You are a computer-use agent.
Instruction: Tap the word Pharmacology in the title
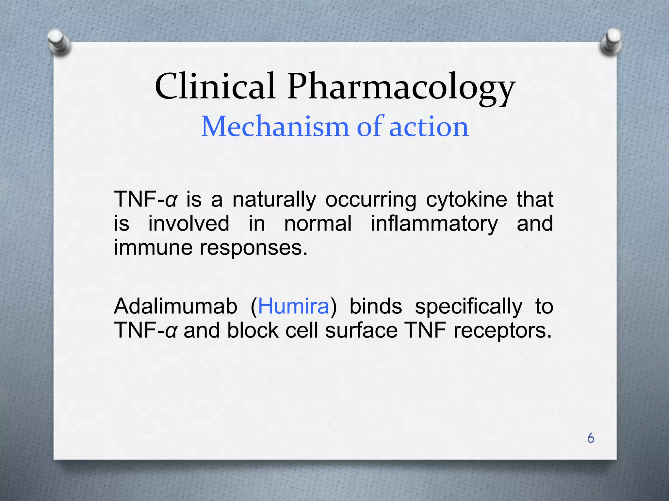coord(401,87)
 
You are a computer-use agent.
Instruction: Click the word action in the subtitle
coord(429,127)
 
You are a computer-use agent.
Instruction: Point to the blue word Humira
coord(293,306)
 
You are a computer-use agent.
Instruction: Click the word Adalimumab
coord(176,306)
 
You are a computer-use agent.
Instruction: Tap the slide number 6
coord(591,438)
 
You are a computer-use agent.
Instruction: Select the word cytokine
coord(466,200)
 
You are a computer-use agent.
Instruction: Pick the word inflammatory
coord(434,224)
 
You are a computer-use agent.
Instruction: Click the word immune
coord(153,248)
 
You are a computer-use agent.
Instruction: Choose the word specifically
coord(468,307)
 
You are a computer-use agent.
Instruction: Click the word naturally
coord(274,200)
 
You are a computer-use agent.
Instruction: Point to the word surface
coord(361,330)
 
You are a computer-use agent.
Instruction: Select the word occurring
coord(371,200)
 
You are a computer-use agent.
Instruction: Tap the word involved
coord(189,224)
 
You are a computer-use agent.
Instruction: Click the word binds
coord(376,306)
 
